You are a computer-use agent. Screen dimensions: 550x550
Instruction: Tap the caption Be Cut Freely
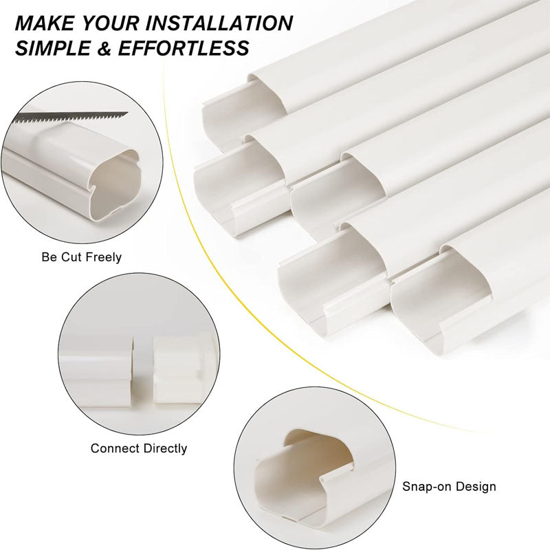tap(80, 258)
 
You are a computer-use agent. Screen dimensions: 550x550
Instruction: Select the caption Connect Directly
tap(139, 448)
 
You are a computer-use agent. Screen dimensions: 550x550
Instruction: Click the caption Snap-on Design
tap(449, 487)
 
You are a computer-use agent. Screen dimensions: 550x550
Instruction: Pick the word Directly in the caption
tap(164, 448)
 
